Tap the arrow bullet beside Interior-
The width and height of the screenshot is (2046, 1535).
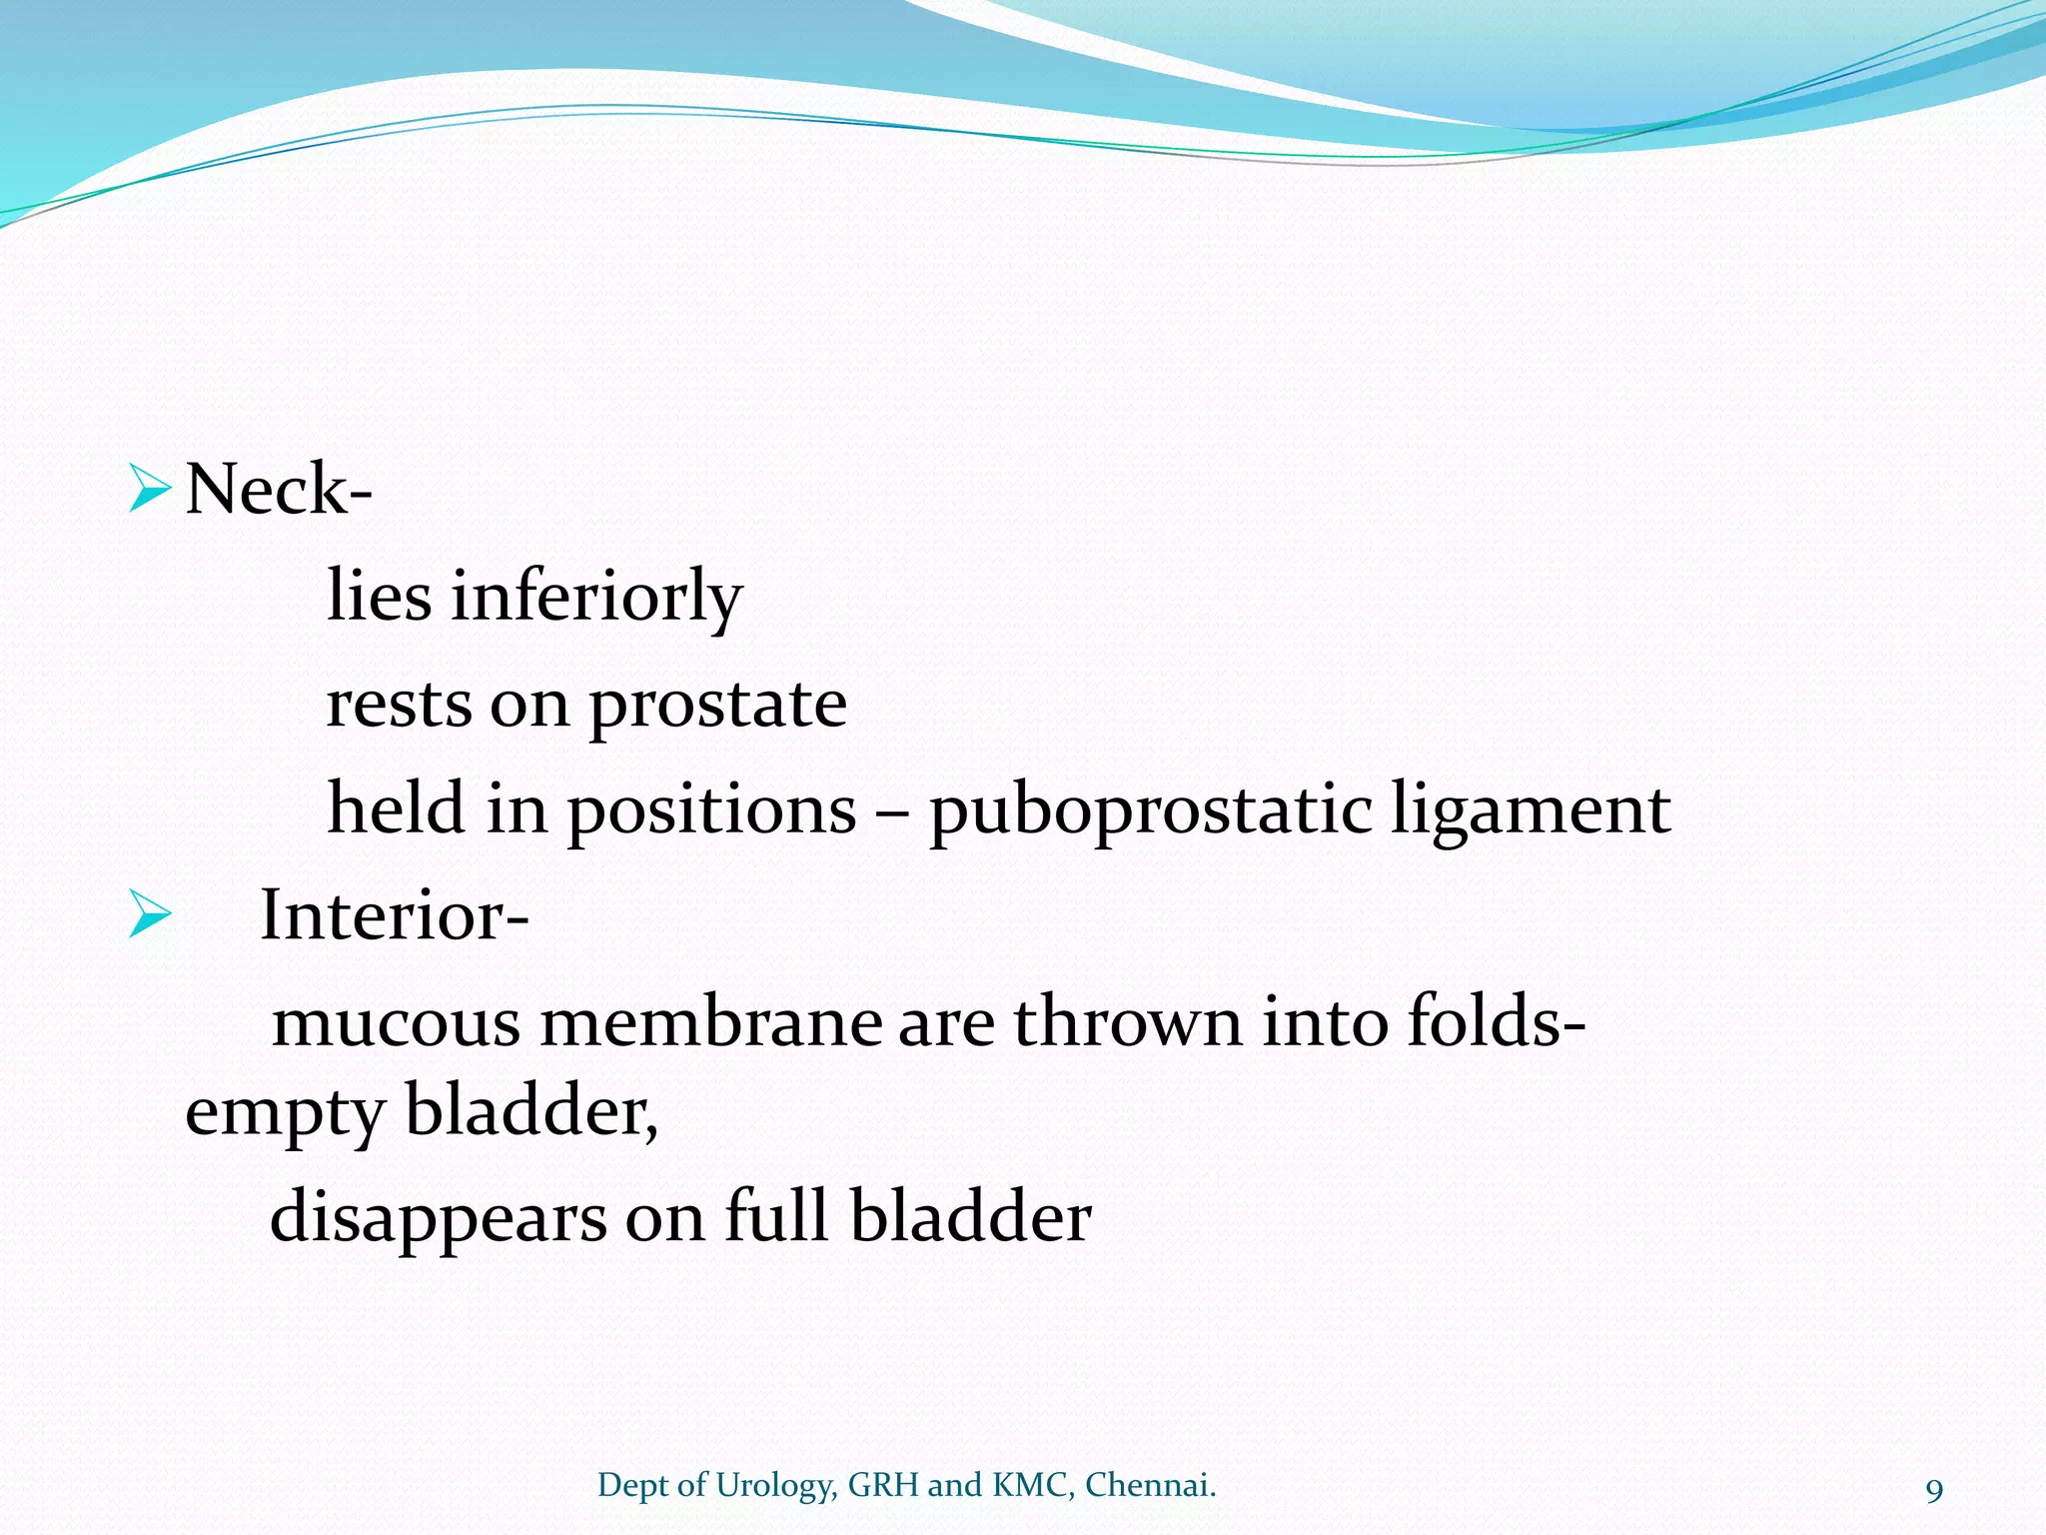150,915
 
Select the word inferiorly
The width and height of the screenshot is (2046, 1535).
596,597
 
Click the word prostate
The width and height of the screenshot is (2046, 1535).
717,704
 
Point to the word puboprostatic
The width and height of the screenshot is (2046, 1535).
1149,809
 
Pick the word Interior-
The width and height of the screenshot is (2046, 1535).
394,915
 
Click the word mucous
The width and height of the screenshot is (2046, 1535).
396,1023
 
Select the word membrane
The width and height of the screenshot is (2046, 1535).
711,1023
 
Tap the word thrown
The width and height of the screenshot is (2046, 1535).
1127,1023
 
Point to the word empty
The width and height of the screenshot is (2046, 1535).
285,1112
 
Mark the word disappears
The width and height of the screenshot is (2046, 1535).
438,1218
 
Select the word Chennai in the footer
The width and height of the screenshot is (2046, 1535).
1149,1485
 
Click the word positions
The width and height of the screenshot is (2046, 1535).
711,809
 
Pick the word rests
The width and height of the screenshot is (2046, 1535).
399,704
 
